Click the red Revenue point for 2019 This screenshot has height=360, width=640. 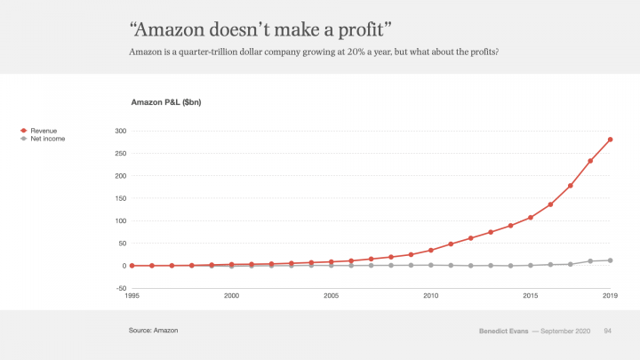[x=611, y=140]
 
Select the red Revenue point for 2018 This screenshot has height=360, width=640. [x=590, y=161]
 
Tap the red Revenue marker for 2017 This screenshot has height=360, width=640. [x=571, y=186]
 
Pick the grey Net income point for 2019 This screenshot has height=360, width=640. [x=611, y=260]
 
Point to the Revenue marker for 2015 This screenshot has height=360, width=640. [x=531, y=218]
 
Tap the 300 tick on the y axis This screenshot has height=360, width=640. [x=121, y=131]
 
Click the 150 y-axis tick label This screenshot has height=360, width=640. [x=121, y=198]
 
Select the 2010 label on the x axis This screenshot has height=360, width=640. [x=430, y=295]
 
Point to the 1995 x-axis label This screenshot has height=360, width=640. [x=132, y=295]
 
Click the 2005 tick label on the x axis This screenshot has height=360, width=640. [x=331, y=295]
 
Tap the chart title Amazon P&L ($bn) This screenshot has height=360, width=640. [x=166, y=103]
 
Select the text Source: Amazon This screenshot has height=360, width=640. [x=153, y=331]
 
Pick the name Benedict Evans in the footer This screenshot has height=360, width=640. [x=502, y=332]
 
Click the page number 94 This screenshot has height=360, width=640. [x=608, y=332]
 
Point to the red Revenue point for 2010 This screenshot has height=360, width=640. [x=431, y=251]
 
